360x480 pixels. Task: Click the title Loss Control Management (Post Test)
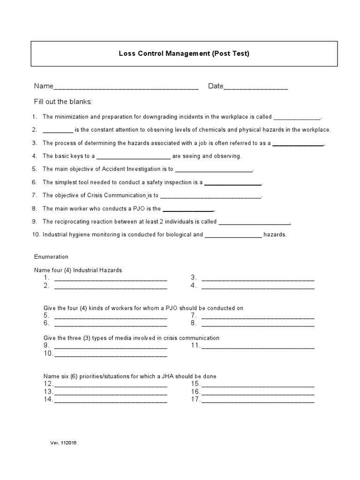(x=184, y=53)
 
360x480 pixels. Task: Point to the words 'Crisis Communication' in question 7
(x=117, y=195)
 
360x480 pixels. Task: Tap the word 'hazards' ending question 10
(x=275, y=234)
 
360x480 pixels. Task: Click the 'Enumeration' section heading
(x=51, y=256)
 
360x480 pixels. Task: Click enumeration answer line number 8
(x=258, y=324)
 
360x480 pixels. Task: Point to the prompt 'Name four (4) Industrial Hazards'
(x=78, y=270)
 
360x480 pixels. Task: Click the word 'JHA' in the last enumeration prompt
(x=170, y=376)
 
